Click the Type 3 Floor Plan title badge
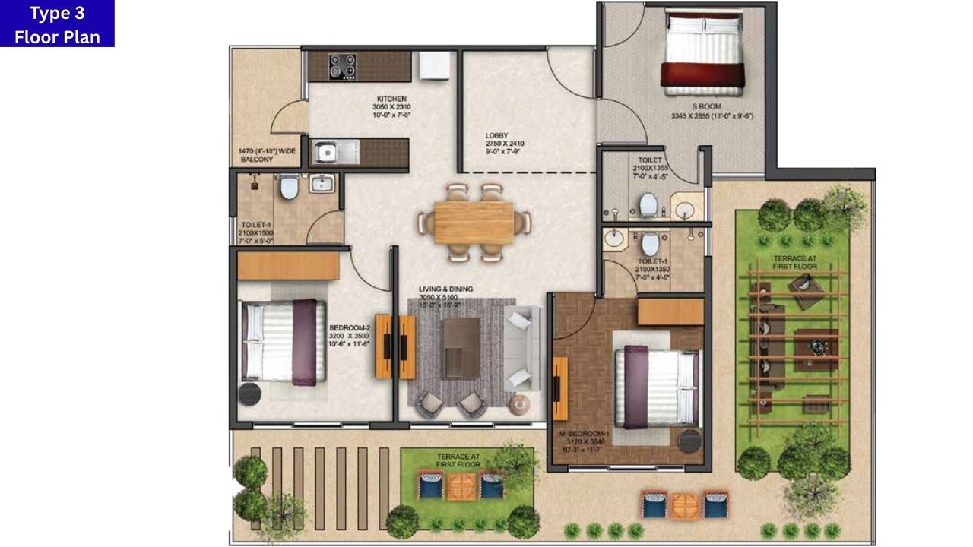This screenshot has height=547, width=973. pyautogui.click(x=57, y=24)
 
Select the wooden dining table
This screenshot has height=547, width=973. pyautogui.click(x=474, y=223)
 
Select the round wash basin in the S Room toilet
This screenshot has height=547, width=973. pyautogui.click(x=689, y=207)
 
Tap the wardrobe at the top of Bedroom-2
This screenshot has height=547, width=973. pyautogui.click(x=288, y=265)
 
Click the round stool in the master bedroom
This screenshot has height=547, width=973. pyautogui.click(x=690, y=441)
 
